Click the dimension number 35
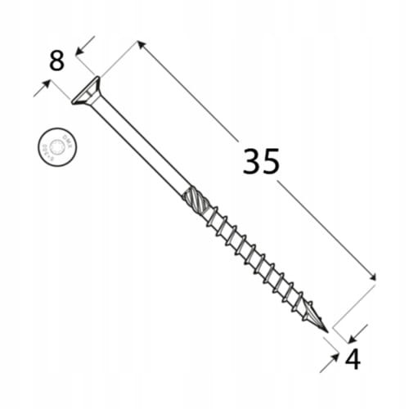click(x=261, y=162)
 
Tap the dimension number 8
click(x=56, y=61)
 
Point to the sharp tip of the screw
click(x=326, y=330)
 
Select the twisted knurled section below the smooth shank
click(x=196, y=199)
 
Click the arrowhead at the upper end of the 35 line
click(x=141, y=44)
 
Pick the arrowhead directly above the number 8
click(x=79, y=52)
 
